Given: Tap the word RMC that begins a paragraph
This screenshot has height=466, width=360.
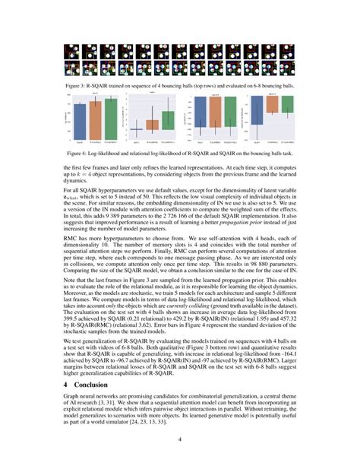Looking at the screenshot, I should pyautogui.click(x=70, y=237).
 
